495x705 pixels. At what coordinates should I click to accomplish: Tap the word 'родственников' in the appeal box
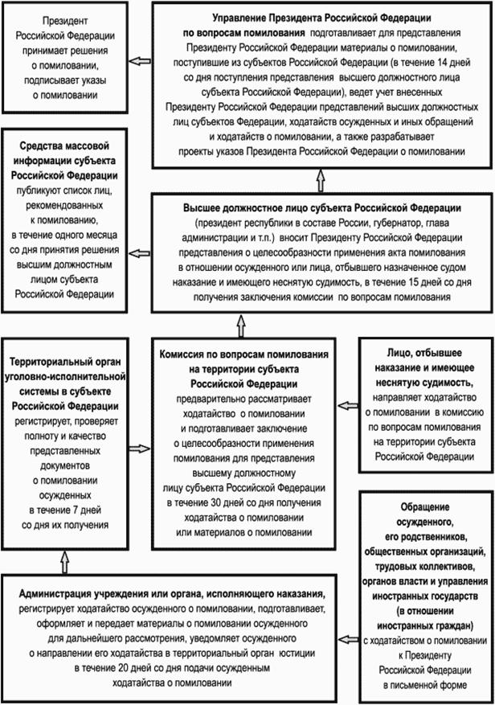[x=427, y=536]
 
